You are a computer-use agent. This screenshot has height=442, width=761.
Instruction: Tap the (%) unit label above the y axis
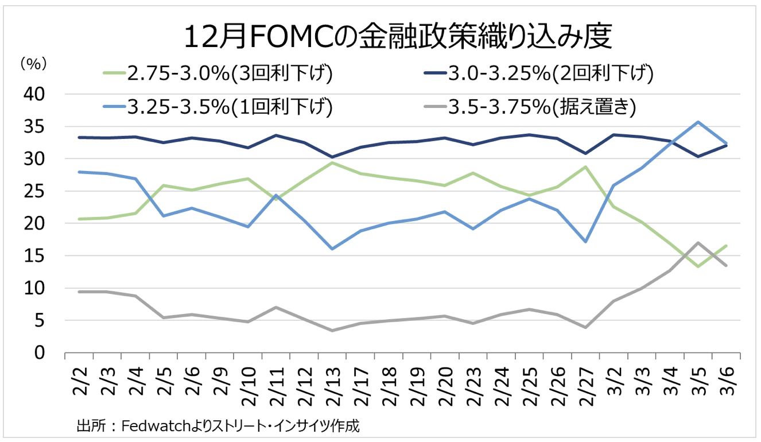click(x=33, y=64)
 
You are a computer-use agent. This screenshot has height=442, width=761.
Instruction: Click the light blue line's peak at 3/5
click(x=698, y=122)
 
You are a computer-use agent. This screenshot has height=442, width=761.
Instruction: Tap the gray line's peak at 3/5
click(x=698, y=242)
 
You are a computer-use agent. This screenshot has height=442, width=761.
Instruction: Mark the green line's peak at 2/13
click(x=332, y=162)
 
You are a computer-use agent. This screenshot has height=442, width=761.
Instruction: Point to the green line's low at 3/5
click(x=698, y=266)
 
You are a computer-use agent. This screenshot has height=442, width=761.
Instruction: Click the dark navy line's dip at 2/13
click(x=332, y=157)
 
